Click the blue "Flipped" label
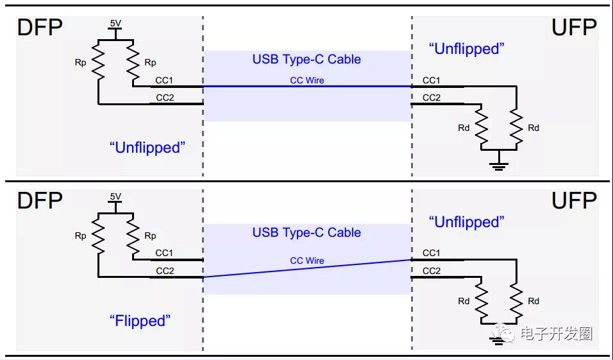pos(140,321)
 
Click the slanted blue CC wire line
pos(307,268)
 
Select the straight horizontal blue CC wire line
pos(307,86)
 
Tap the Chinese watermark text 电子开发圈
pos(557,334)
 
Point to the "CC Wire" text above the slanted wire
pos(307,261)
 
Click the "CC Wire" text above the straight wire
pos(307,80)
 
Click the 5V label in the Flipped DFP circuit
pos(115,196)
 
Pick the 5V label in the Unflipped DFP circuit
pos(115,24)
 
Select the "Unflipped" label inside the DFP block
pos(147,148)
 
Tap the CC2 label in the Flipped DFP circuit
pos(165,271)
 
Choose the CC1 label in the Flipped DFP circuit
pos(164,253)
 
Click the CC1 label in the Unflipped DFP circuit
pos(164,80)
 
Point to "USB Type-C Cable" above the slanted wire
pos(306,232)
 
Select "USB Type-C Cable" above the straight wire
pos(306,59)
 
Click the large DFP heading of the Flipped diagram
pos(40,200)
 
